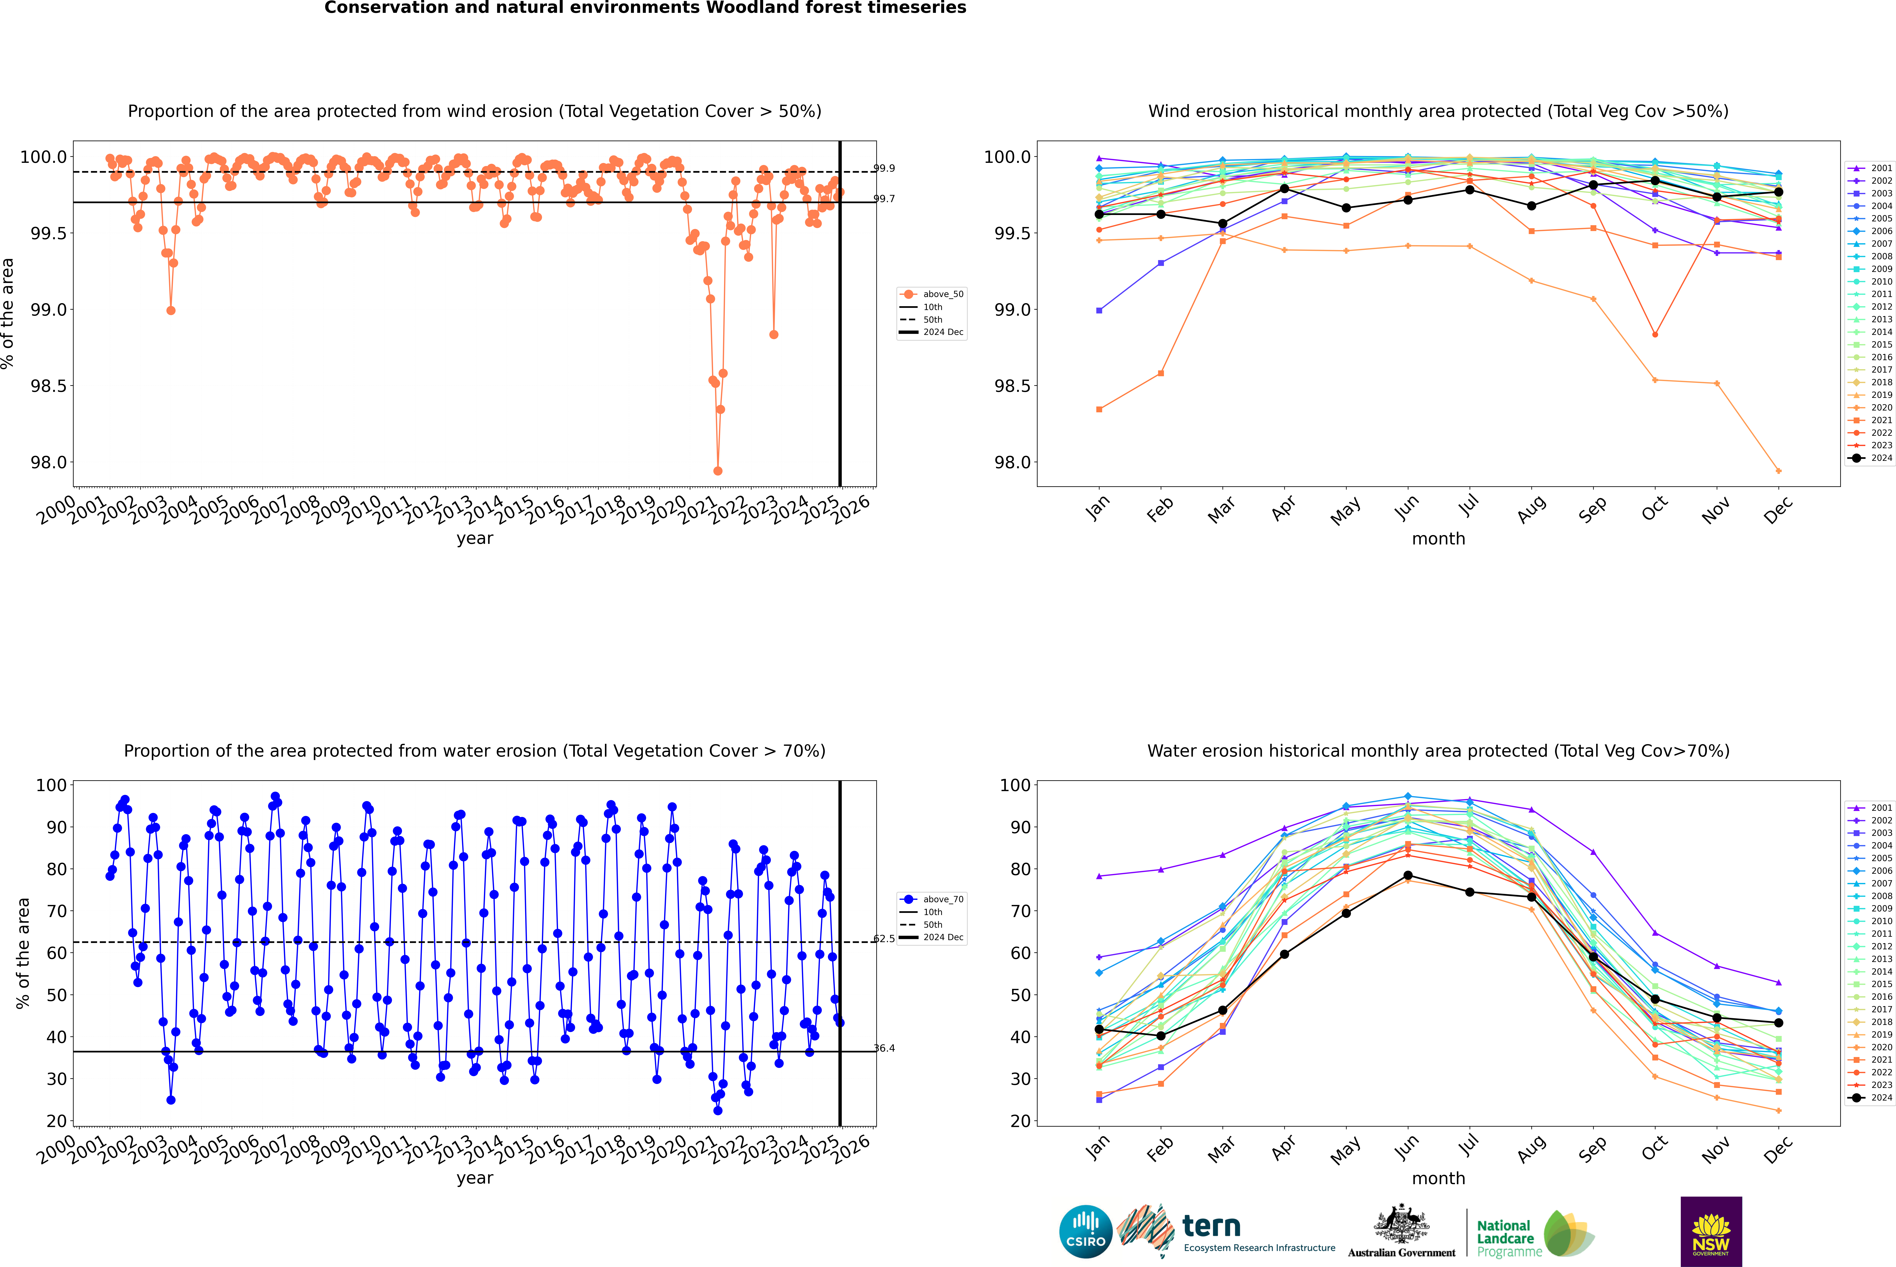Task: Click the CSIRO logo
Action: coord(1085,1232)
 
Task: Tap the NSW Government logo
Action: coord(1711,1232)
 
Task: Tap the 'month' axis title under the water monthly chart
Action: coord(1438,1178)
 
